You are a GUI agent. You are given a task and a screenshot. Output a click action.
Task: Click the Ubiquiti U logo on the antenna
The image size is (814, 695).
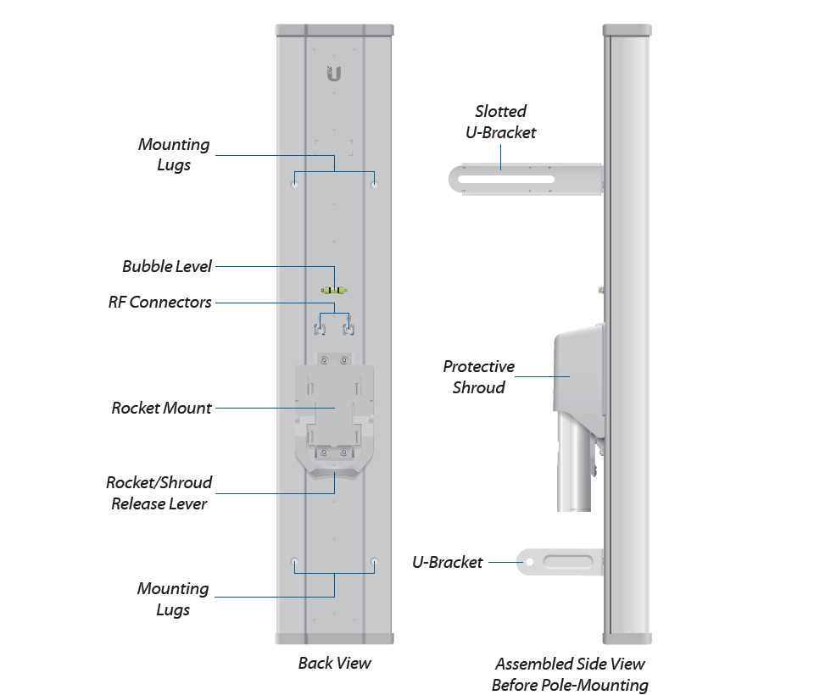tap(334, 75)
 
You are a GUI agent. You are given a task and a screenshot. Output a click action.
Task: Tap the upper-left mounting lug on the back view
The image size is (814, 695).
tap(295, 183)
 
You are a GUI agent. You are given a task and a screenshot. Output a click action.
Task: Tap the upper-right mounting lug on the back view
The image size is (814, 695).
tap(374, 183)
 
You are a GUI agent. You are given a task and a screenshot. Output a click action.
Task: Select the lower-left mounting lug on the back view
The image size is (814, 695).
tap(295, 562)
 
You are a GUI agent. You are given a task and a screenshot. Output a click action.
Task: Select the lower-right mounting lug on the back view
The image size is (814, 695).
tap(374, 562)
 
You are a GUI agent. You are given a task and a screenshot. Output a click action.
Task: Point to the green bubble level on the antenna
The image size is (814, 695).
tap(334, 291)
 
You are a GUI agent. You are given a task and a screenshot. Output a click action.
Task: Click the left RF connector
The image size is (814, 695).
tap(322, 327)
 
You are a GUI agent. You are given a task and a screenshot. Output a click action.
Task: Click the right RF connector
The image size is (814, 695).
tap(347, 327)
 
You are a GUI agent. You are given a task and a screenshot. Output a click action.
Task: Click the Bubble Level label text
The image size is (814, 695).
tap(167, 266)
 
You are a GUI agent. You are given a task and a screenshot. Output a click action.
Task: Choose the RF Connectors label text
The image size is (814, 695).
tap(160, 302)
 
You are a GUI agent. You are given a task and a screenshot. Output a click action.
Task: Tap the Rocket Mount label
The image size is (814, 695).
tap(162, 408)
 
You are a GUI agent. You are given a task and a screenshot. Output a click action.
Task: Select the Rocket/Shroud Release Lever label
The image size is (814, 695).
tap(159, 493)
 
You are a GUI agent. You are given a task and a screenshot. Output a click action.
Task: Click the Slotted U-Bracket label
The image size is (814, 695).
tap(500, 121)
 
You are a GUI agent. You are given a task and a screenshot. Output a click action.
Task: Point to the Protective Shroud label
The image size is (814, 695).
tap(478, 377)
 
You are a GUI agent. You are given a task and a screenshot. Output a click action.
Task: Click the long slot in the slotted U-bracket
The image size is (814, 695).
tap(505, 180)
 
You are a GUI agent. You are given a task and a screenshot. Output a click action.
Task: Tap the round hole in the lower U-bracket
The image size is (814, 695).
tap(530, 561)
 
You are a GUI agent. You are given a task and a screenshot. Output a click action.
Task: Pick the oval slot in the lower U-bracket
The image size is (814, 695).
tap(568, 561)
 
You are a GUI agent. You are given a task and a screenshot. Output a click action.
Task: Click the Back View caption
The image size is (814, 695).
tap(334, 663)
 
